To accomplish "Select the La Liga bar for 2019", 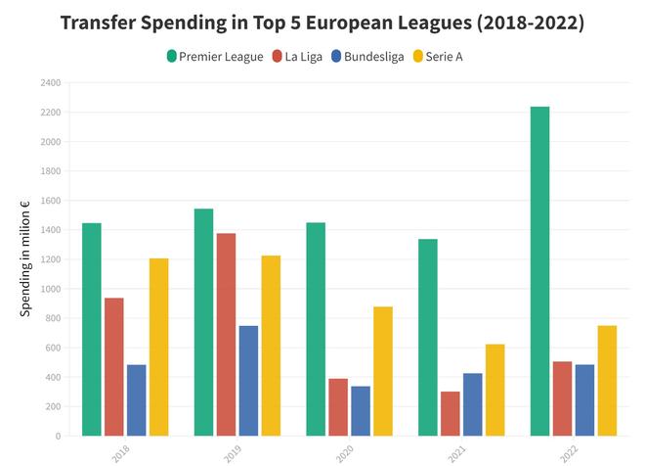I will click(226, 334).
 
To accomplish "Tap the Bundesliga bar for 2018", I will click(136, 400).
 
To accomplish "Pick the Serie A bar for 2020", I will click(383, 371).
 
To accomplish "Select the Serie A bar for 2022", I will click(607, 381).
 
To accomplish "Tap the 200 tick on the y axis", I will click(50, 406).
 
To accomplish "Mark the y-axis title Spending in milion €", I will click(25, 258).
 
